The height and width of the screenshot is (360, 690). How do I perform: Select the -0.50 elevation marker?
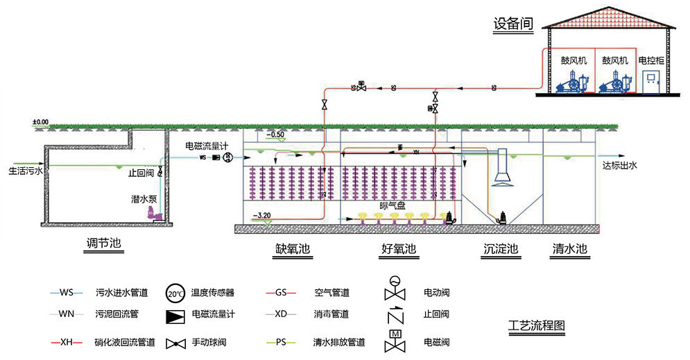coord(276,134)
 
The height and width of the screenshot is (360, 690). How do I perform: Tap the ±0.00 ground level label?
coord(40,122)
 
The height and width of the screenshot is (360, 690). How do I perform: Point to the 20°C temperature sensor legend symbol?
coord(175,293)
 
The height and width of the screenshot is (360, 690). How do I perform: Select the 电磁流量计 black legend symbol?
coord(175,314)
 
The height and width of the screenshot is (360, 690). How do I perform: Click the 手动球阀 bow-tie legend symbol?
coord(175,343)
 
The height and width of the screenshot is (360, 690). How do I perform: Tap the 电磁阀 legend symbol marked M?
coord(395,340)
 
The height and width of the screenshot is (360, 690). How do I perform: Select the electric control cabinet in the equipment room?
coord(651,82)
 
